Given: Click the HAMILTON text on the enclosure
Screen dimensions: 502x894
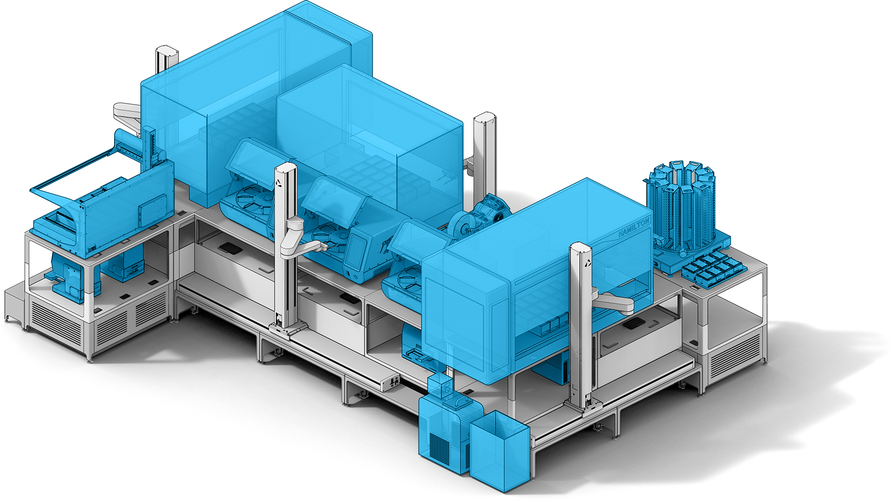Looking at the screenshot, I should (x=634, y=226).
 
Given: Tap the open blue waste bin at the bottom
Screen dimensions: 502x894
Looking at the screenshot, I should (x=498, y=451).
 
